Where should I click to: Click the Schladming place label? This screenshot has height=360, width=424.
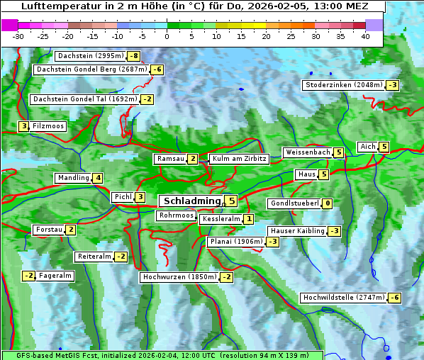[x=192, y=201]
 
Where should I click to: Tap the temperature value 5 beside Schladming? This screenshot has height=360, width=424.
[x=232, y=201]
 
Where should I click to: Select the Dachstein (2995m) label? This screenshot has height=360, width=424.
[x=90, y=56]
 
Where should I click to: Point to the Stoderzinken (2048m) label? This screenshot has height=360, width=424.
[x=343, y=85]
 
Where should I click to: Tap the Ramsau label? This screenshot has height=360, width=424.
[x=171, y=159]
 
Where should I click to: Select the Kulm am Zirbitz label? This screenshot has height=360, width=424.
[x=239, y=159]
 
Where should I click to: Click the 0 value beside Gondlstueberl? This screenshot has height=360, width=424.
[x=327, y=204]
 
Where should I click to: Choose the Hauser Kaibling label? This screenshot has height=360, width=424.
[x=297, y=231]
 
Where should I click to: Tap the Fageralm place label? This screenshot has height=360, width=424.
[x=55, y=276]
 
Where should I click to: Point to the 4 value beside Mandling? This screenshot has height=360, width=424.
[x=98, y=178]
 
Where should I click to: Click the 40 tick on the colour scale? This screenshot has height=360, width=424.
[x=365, y=36]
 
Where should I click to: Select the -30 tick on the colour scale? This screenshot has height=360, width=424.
[x=18, y=36]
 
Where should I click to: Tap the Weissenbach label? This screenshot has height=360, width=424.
[x=307, y=152]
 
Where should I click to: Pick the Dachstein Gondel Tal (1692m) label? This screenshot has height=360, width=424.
[x=84, y=99]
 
